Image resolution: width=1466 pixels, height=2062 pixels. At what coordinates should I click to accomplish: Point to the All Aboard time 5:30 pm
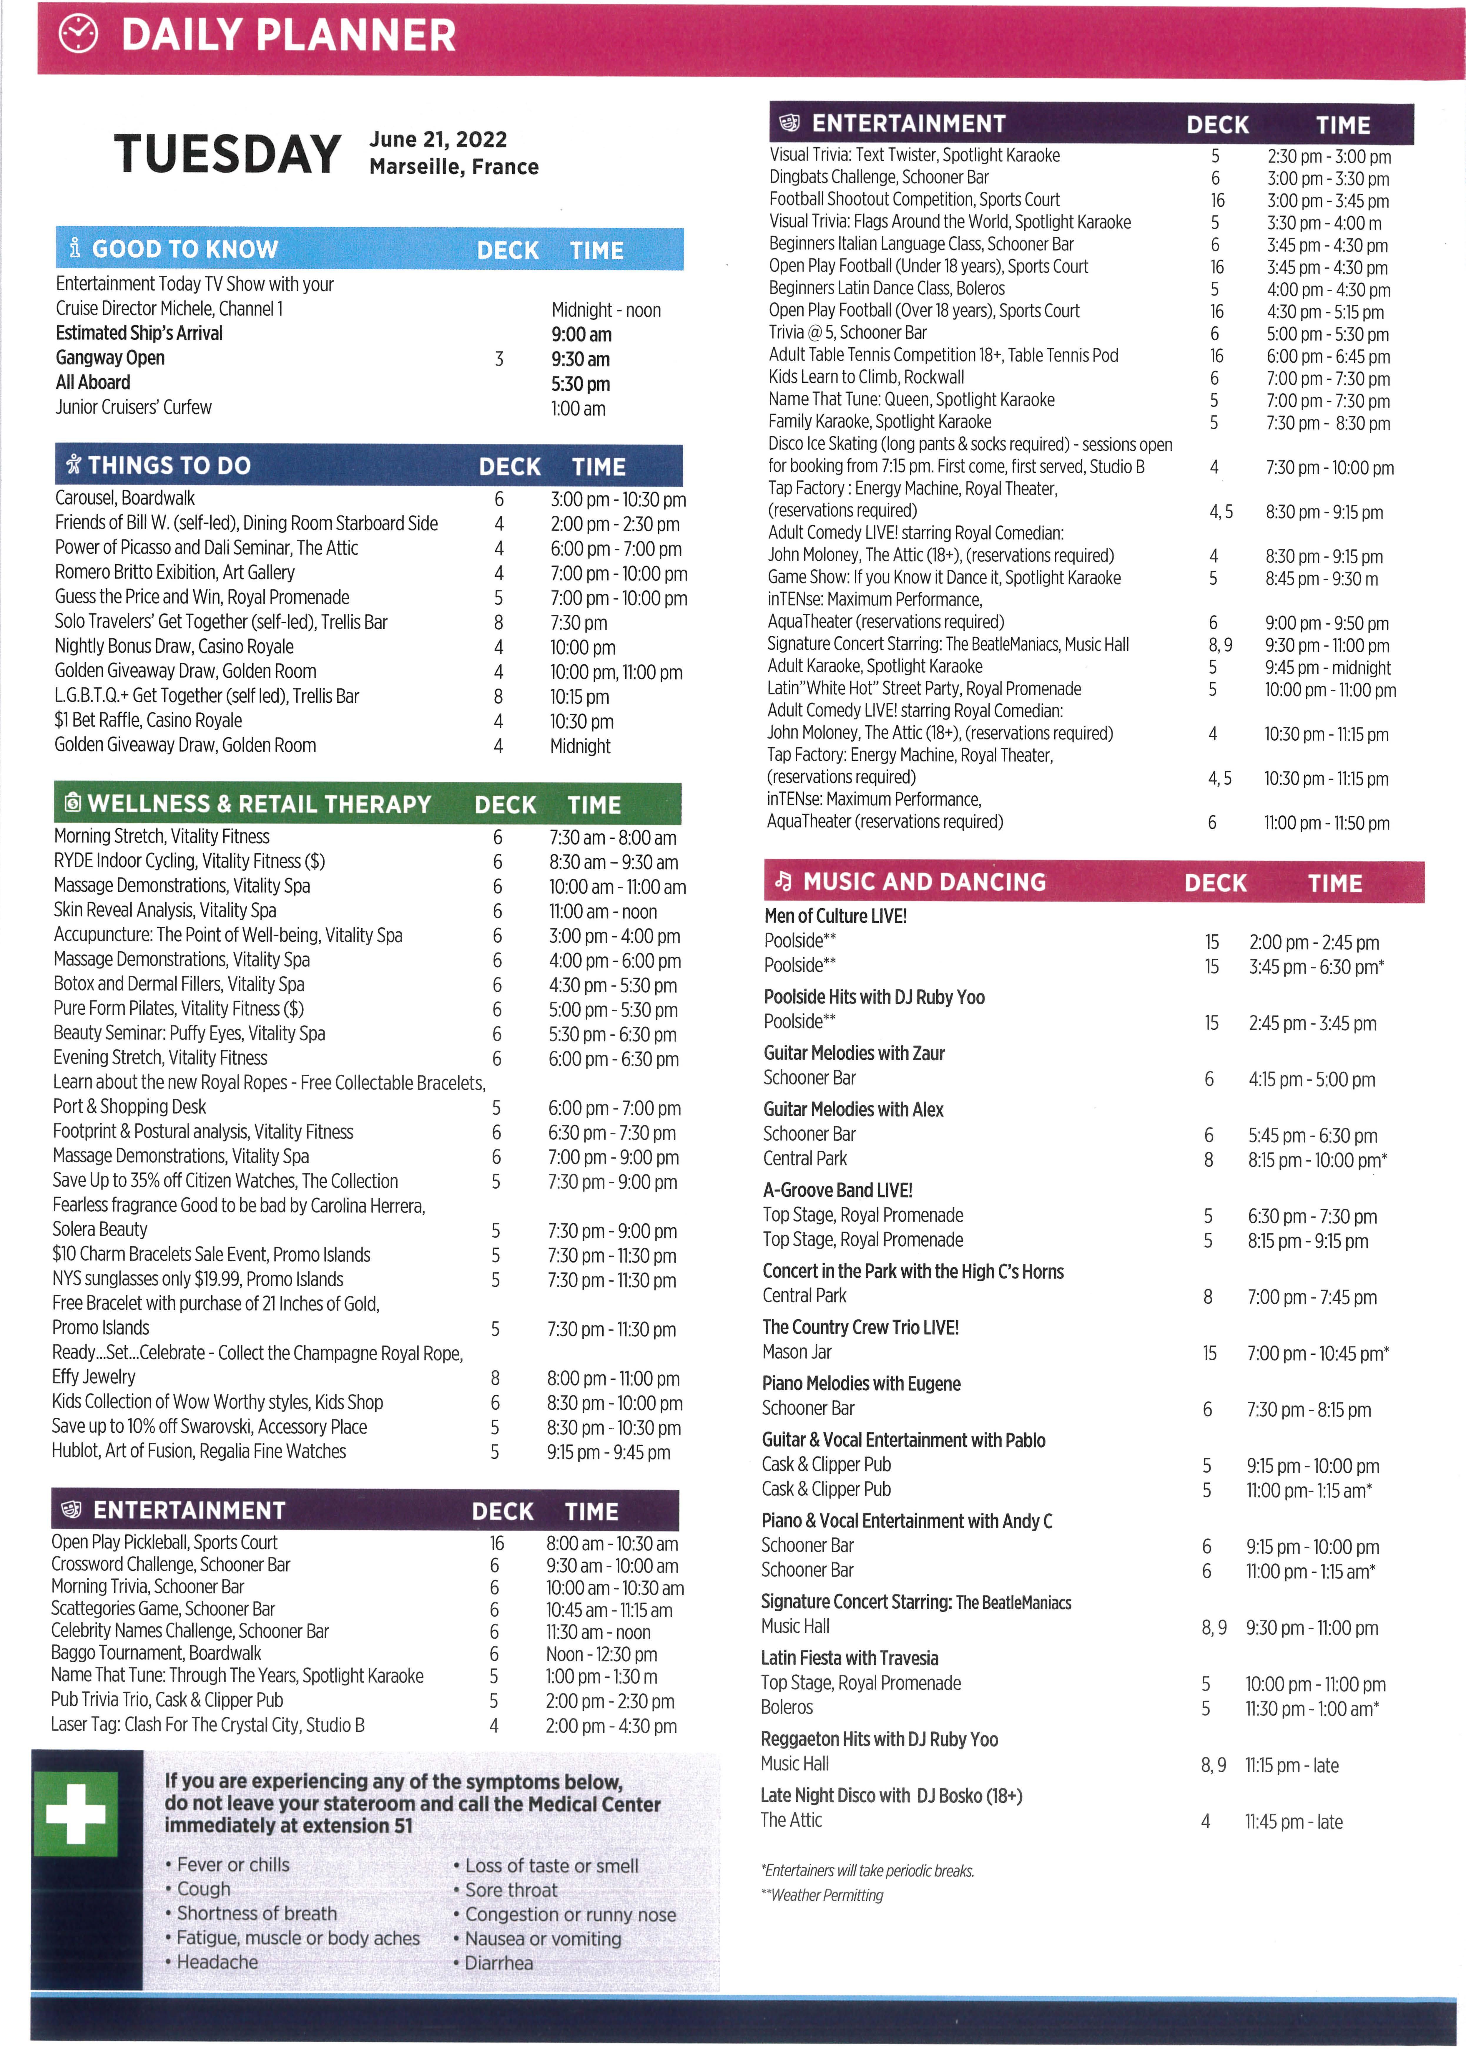tap(581, 384)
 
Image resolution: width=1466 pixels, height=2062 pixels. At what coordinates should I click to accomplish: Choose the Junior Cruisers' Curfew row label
tap(134, 407)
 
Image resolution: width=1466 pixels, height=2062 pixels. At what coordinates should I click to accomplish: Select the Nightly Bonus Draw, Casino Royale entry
tap(174, 646)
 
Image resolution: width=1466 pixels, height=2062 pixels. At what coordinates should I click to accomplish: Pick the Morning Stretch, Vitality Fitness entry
tap(162, 837)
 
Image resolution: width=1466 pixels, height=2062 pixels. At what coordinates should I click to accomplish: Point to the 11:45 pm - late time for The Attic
tap(1294, 1822)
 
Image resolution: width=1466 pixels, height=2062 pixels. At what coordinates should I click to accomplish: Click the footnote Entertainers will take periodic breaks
tap(868, 1871)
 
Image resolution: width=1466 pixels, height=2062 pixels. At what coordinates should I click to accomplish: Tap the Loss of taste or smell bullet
tap(551, 1865)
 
